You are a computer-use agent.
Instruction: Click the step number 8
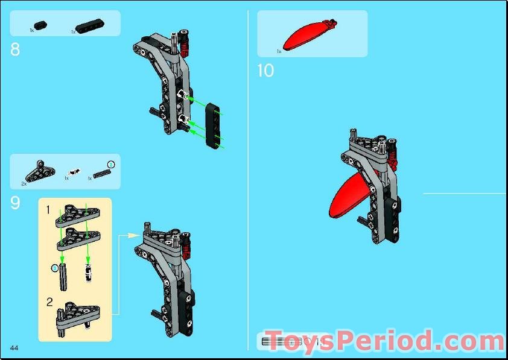click(15, 49)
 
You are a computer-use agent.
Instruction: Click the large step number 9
click(15, 203)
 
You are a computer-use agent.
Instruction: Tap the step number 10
click(265, 71)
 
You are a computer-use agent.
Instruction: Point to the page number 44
click(14, 348)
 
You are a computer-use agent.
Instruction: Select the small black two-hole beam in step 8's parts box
click(40, 24)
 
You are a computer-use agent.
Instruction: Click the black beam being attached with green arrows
click(212, 125)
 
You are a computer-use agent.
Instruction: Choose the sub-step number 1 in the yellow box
click(48, 209)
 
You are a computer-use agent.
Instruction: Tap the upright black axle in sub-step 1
click(62, 278)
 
